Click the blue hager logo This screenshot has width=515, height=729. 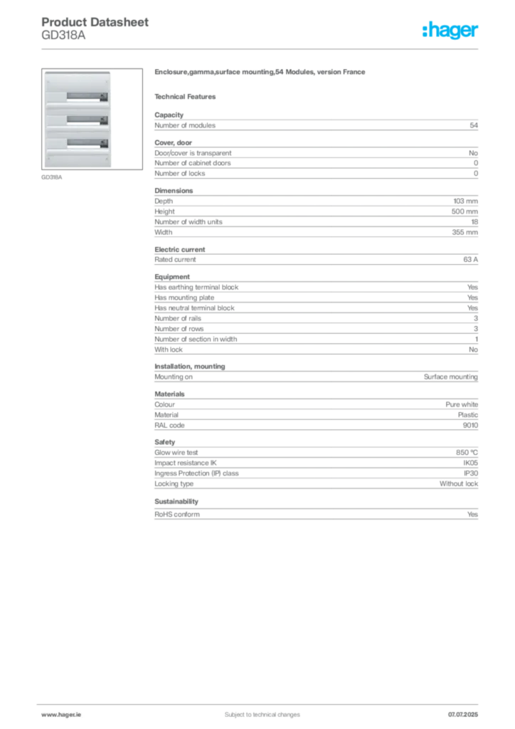452,31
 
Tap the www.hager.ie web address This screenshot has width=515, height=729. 60,714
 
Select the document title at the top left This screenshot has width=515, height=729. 96,23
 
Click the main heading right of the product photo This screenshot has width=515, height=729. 260,73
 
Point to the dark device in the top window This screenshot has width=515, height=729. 104,96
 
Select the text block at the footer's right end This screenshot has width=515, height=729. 465,710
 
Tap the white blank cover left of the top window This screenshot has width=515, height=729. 56,96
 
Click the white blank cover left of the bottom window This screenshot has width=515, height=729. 56,143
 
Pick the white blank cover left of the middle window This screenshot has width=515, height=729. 56,120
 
